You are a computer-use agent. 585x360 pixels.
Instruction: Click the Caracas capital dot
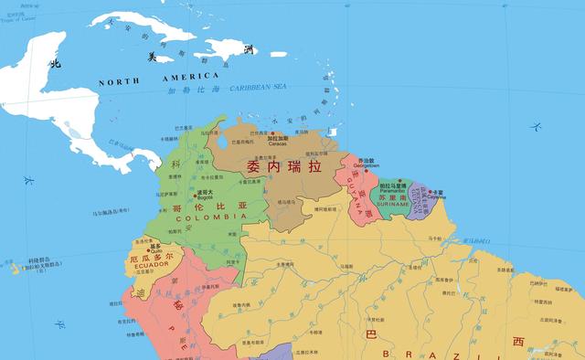click(x=271, y=134)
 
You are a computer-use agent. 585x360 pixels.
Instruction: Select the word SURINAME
click(x=391, y=205)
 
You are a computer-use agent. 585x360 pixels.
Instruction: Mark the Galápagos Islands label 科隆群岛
click(x=40, y=259)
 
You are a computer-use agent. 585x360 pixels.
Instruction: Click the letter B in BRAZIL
click(x=386, y=353)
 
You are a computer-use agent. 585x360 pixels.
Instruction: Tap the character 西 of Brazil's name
click(x=517, y=342)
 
